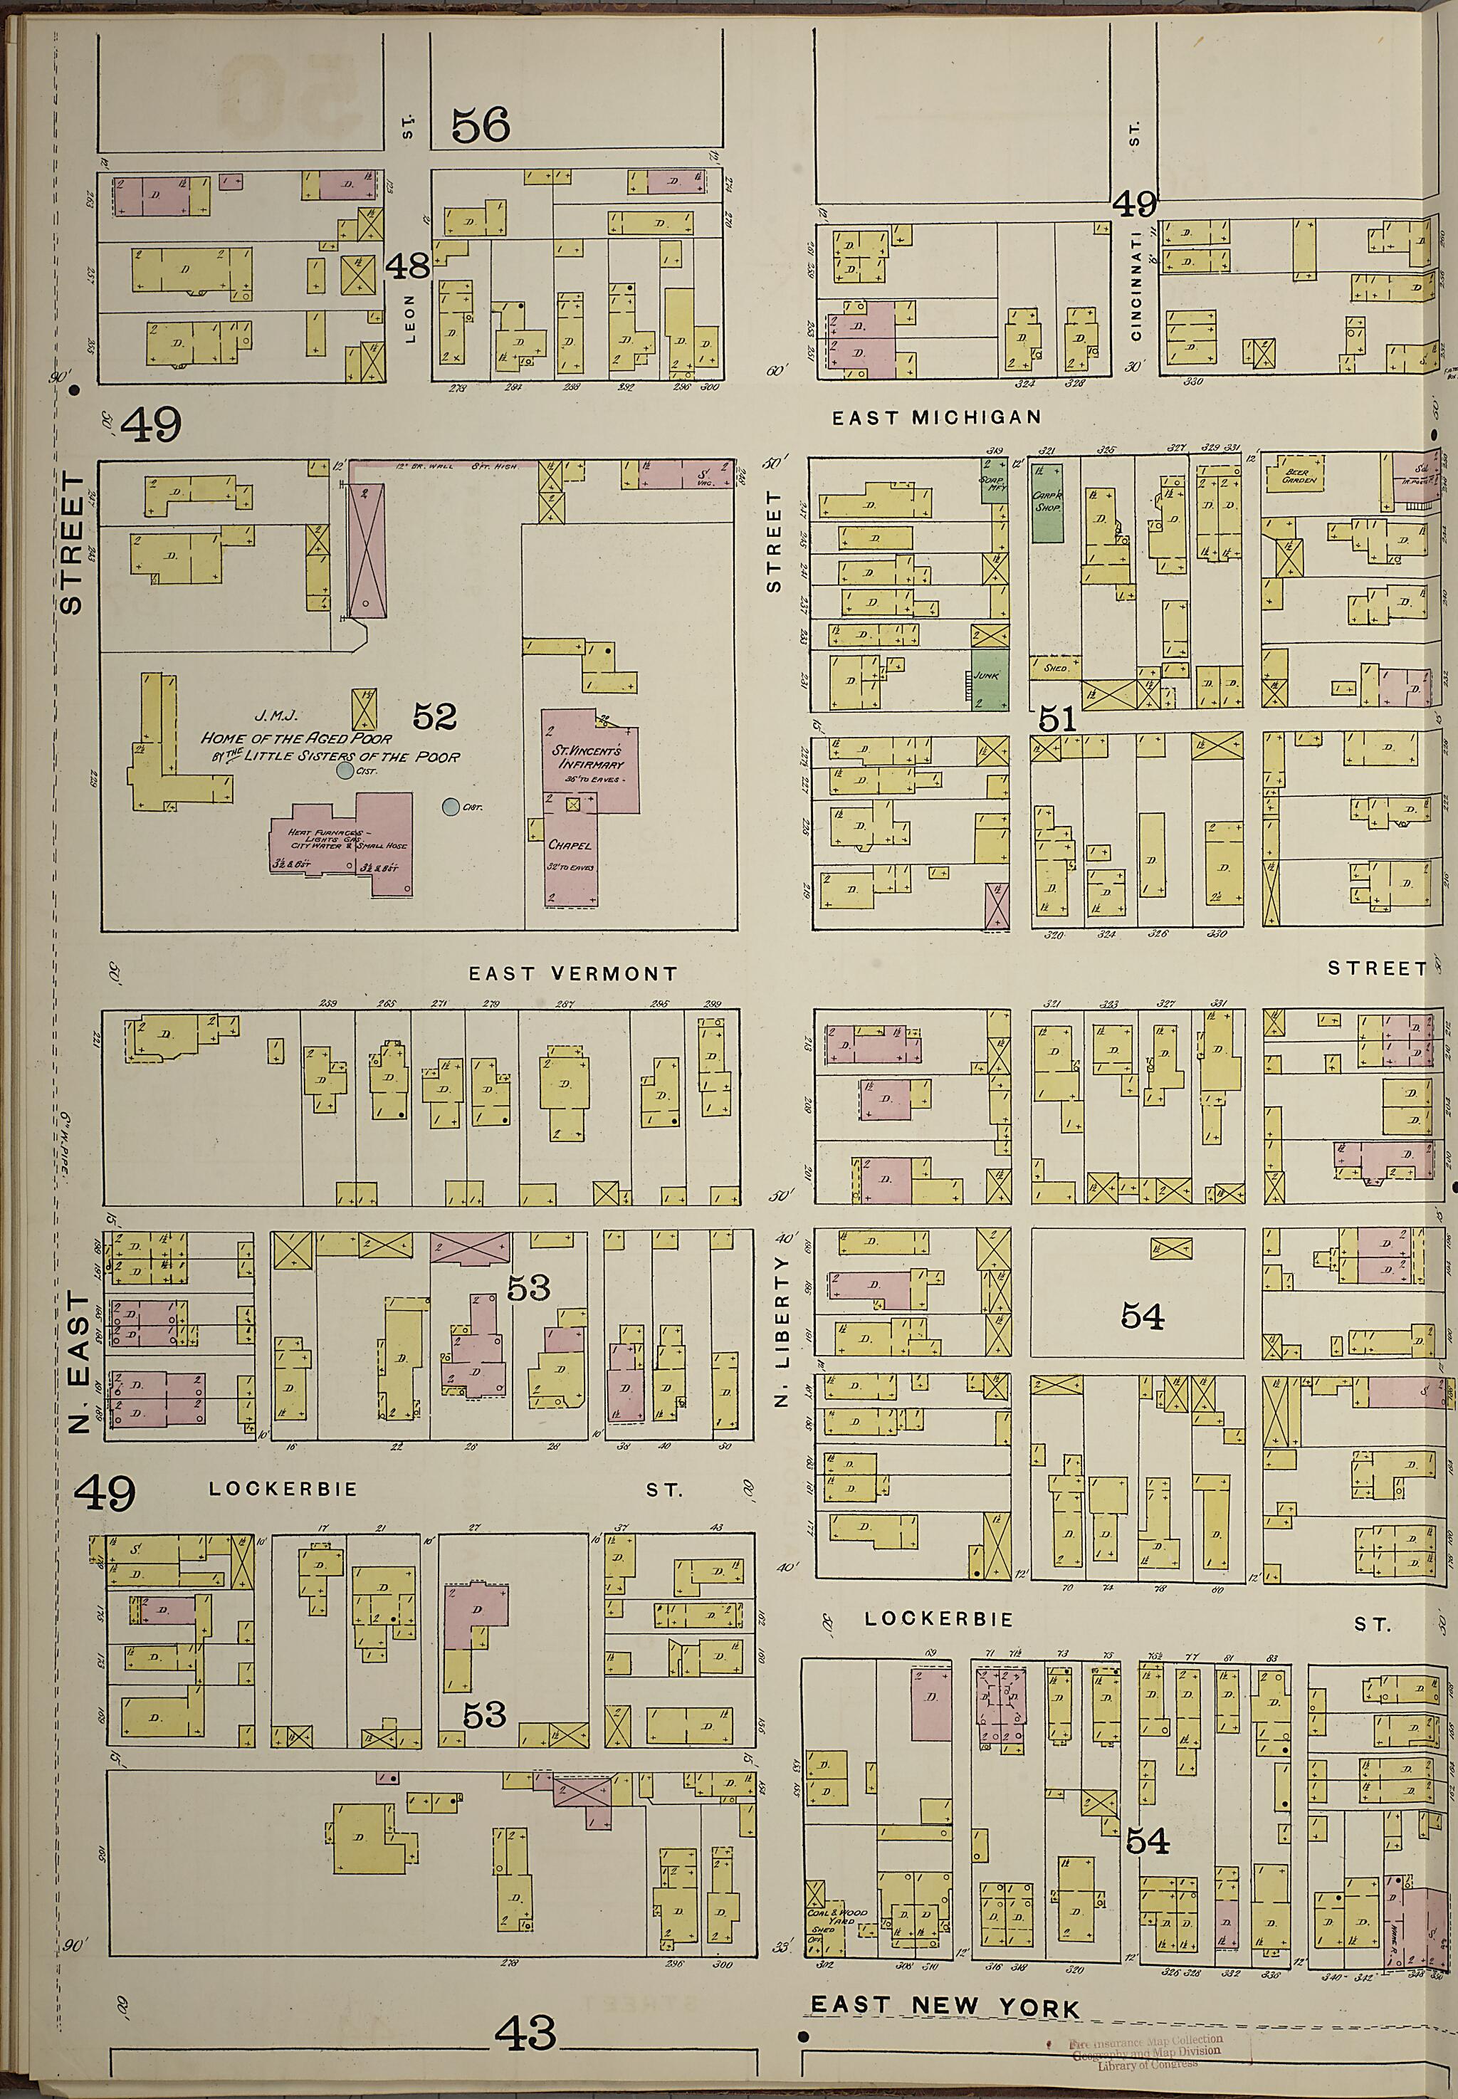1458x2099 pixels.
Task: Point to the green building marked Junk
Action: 988,676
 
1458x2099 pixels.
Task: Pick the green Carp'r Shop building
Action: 1047,503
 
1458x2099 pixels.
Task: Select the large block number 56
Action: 481,125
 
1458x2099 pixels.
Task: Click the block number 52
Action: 434,717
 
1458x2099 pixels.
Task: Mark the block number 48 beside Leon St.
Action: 407,267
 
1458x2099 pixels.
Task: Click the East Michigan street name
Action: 935,417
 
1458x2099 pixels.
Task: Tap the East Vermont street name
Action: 573,974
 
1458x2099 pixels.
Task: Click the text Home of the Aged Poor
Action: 296,738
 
